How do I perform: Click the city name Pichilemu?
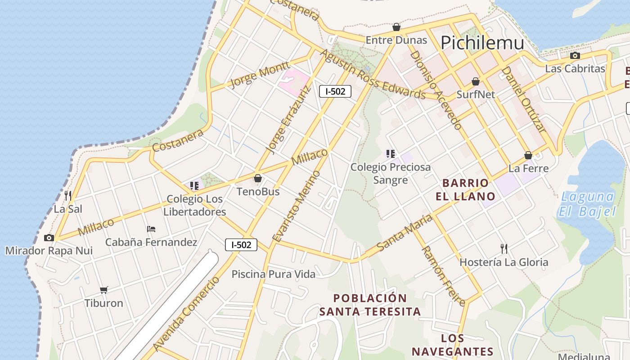[482, 43]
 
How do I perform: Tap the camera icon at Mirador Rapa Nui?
[49, 238]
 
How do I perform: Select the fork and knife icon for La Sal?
[68, 195]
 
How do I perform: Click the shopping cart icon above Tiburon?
[104, 290]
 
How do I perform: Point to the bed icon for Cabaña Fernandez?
[151, 229]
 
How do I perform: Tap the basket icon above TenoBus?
[258, 179]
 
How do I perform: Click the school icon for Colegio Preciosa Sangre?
[390, 154]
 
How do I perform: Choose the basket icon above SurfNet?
[475, 81]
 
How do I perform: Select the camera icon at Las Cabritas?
[575, 56]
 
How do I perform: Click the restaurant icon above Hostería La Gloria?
[504, 248]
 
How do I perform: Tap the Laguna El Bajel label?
[586, 204]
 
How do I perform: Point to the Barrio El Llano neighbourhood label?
[465, 189]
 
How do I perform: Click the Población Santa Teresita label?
[370, 305]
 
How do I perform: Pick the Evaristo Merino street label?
[297, 206]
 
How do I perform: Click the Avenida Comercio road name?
[186, 314]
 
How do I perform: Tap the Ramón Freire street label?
[443, 276]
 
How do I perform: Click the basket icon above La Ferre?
[528, 156]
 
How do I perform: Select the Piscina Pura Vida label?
[273, 274]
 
